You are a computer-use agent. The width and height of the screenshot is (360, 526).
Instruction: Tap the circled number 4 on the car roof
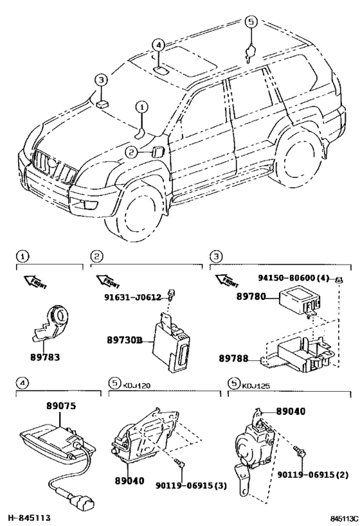pos(159,45)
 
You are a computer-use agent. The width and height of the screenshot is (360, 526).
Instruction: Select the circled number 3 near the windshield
pos(100,80)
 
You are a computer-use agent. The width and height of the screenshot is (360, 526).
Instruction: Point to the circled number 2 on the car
pos(130,152)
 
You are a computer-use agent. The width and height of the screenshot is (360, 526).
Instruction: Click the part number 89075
pos(61,406)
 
